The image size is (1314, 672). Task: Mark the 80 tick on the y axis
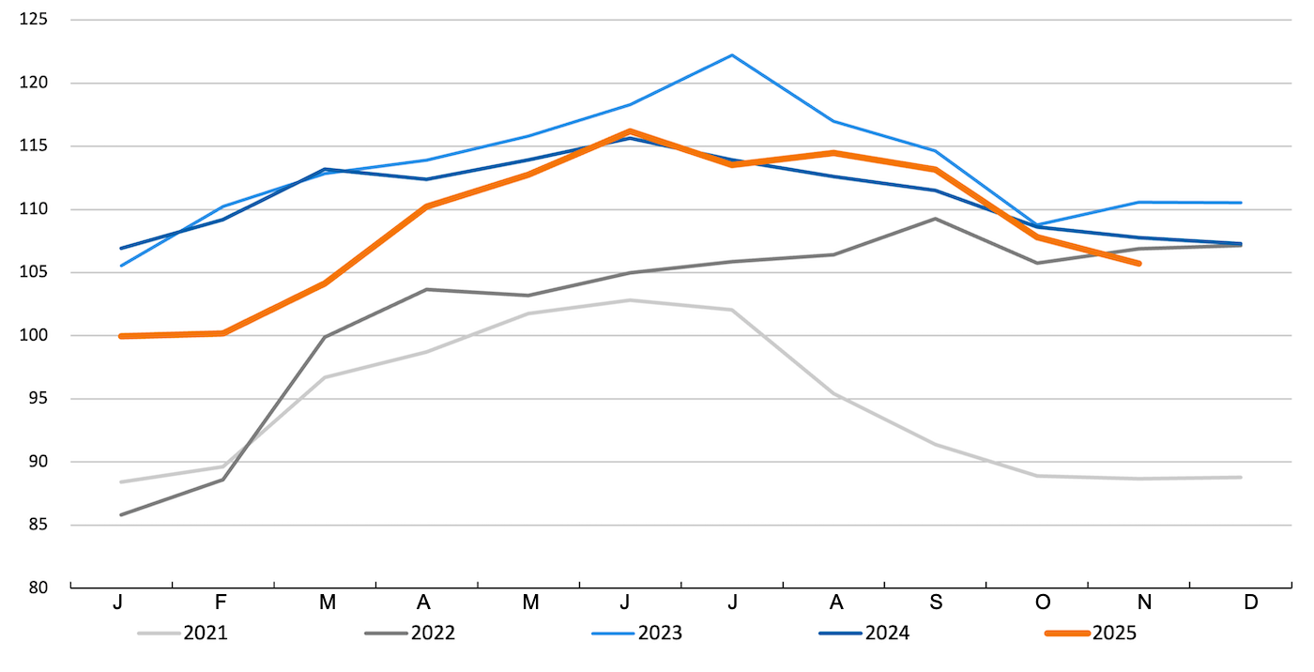(38, 588)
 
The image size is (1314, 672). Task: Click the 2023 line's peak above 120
(731, 55)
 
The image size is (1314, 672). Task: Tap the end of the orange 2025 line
(1138, 264)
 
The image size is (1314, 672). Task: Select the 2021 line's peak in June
(630, 300)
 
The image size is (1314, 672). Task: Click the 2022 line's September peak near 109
(935, 219)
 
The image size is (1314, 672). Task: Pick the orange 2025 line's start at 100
(122, 336)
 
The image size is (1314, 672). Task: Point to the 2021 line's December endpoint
(1241, 478)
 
